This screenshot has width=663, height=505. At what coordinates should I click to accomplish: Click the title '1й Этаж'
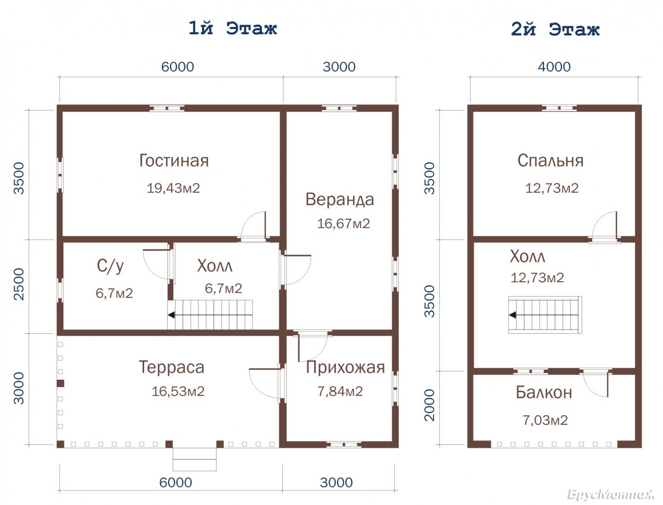pos(233,29)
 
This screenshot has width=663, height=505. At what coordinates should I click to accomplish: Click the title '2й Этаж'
pos(555,29)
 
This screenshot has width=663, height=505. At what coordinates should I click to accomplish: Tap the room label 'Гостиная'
pos(174,160)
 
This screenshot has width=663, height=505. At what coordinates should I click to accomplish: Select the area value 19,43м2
pos(173,188)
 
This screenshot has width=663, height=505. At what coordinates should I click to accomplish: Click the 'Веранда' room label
pos(339,200)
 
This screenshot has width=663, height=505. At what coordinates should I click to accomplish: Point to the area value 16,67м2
pos(343,223)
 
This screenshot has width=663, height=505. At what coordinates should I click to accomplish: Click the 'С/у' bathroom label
pos(110,266)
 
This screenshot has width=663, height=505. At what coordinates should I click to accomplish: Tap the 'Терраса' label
pos(171,367)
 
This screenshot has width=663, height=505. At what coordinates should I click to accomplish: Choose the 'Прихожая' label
pos(346,368)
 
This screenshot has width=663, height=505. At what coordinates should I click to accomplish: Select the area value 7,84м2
pos(340,391)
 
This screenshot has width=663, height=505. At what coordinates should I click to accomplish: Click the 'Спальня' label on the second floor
pos(550,160)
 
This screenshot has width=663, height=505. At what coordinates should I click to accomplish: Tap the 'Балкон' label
pos(544,392)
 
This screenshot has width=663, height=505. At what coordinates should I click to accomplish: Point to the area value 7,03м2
pos(545,420)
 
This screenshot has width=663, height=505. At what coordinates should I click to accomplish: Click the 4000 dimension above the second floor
pos(554,67)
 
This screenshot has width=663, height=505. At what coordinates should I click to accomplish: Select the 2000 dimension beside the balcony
pos(429,405)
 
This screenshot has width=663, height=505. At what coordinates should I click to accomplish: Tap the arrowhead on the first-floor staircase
pos(171,315)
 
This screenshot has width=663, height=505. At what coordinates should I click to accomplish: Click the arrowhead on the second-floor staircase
pos(513,315)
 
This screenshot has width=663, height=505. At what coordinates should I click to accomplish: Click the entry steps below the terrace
pos(195,460)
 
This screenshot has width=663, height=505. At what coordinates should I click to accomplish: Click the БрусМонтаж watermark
pos(611,494)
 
